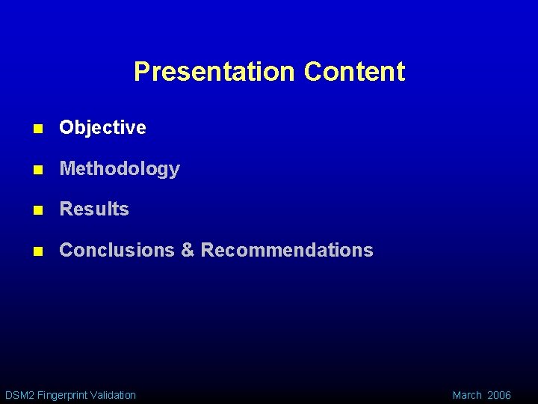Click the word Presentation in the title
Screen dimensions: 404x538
click(214, 72)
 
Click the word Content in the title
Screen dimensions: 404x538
click(354, 72)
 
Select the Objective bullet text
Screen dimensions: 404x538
click(102, 128)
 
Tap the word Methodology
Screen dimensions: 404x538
click(120, 169)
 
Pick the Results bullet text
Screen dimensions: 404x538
click(94, 209)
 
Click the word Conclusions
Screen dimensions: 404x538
click(117, 250)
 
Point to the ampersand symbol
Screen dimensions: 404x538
click(188, 250)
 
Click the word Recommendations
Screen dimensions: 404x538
click(287, 250)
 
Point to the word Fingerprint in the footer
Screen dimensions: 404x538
click(61, 395)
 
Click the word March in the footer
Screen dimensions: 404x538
click(467, 395)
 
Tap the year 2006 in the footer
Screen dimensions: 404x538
click(499, 395)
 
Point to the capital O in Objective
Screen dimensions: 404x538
click(66, 128)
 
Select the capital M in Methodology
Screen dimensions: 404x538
click(67, 169)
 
